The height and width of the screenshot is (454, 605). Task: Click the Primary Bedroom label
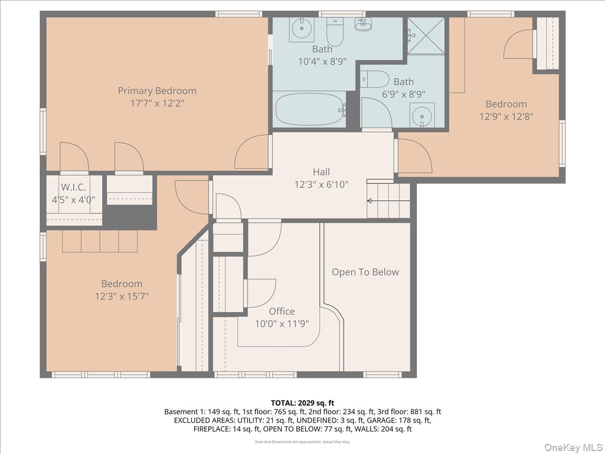157,91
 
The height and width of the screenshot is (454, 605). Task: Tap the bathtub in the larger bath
309,109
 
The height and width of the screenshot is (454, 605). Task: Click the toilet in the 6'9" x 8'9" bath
375,79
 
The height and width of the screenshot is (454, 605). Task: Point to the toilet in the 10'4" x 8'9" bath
335,32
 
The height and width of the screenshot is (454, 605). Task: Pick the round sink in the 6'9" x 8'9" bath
421,116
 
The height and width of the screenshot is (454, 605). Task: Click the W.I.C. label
74,187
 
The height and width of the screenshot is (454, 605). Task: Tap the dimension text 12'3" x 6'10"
321,185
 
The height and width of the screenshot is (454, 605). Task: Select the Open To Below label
365,272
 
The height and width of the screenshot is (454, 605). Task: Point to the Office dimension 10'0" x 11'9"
281,323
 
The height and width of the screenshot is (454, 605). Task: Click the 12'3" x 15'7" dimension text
122,296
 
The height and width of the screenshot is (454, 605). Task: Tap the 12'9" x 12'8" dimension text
506,116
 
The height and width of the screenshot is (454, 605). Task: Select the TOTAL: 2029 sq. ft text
302,403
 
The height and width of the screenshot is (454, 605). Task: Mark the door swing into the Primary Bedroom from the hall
252,152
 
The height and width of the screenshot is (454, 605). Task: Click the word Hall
321,173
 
